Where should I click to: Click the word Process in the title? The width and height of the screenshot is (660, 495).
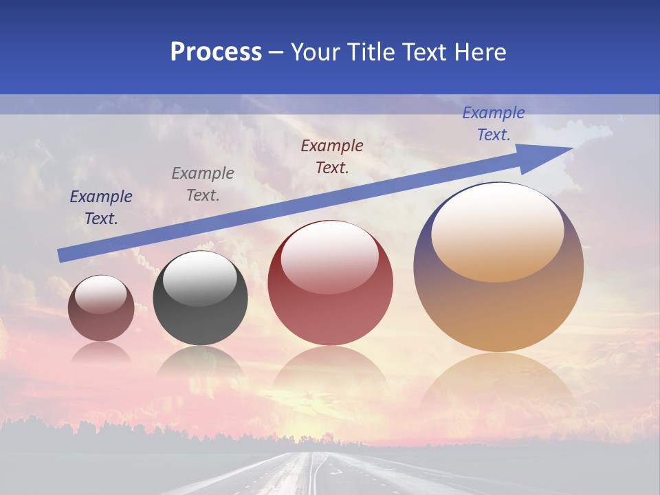(x=216, y=52)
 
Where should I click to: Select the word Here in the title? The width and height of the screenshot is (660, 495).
(x=480, y=52)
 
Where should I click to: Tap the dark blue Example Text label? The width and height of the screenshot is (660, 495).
(x=101, y=208)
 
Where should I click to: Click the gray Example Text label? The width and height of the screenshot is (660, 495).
(x=203, y=184)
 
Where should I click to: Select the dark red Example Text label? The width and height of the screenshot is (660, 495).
(x=332, y=157)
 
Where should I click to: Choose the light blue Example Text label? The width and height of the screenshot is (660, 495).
(x=494, y=124)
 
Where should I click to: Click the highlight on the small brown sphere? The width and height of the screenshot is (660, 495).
(x=100, y=294)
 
